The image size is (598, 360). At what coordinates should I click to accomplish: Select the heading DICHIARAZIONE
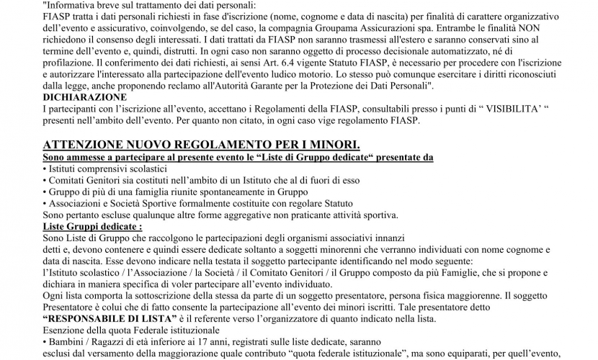[85, 97]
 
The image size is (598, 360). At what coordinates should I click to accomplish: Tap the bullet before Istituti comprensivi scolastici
[45, 168]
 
